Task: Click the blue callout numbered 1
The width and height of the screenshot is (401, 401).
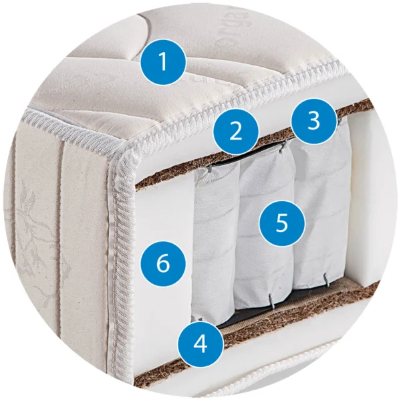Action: (164, 62)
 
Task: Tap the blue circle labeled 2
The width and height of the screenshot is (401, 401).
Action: (235, 132)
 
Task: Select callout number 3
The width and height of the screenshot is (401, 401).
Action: (314, 121)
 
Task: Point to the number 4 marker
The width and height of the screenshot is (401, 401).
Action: (200, 344)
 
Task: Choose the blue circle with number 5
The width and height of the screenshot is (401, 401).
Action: (282, 223)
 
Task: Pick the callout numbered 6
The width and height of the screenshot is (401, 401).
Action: (163, 264)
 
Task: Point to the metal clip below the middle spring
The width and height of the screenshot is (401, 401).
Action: (271, 301)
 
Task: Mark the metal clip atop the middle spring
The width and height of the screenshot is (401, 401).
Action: (282, 147)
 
